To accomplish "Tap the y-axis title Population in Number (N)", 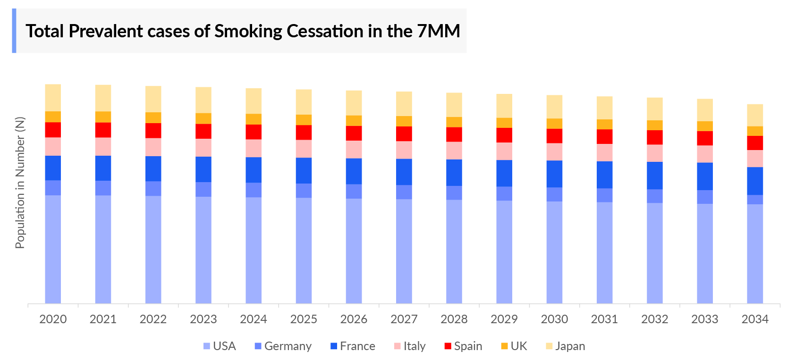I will [20, 183].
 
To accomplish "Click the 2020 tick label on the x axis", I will [53, 319].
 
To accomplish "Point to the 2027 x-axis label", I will [404, 319].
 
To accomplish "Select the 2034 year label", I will [754, 319].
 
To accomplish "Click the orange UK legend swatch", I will [504, 346].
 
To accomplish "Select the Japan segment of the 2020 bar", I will [53, 98].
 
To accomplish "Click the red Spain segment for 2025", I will [304, 133].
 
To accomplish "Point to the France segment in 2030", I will [554, 174].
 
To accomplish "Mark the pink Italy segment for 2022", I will [153, 147].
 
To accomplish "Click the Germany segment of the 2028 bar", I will [454, 193].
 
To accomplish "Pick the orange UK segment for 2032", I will [654, 126].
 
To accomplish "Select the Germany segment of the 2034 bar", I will [754, 200].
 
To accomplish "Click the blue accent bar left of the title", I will [14, 31].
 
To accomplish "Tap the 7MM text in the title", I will [439, 31].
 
